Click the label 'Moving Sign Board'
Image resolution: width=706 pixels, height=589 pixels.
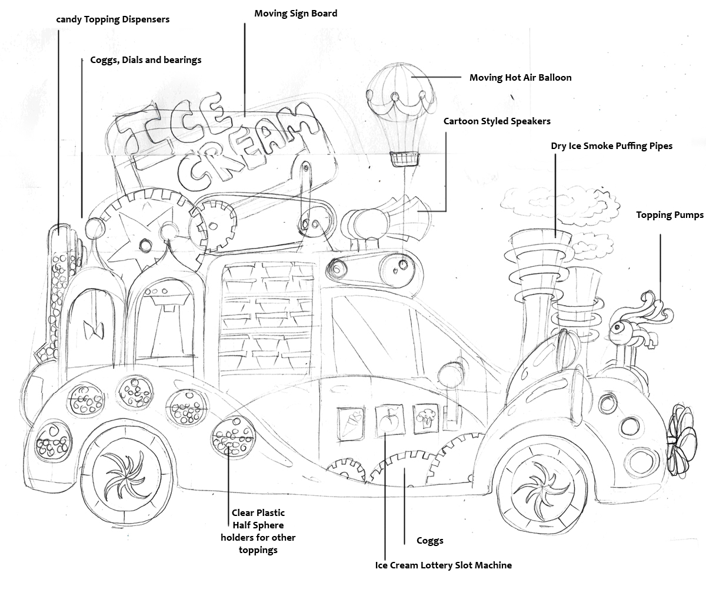pos(295,13)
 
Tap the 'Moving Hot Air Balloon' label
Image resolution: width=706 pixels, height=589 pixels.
pos(520,77)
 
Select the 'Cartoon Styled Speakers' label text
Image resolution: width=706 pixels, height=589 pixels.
pos(497,121)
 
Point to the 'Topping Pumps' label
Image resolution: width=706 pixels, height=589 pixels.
pos(670,215)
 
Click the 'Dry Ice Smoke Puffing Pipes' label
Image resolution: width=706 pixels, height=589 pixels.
pos(611,145)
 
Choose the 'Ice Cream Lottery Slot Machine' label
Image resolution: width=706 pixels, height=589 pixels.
pos(443,565)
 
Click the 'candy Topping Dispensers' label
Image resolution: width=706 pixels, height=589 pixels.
pos(113,19)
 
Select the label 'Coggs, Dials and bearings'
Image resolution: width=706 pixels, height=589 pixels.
pos(146,60)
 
